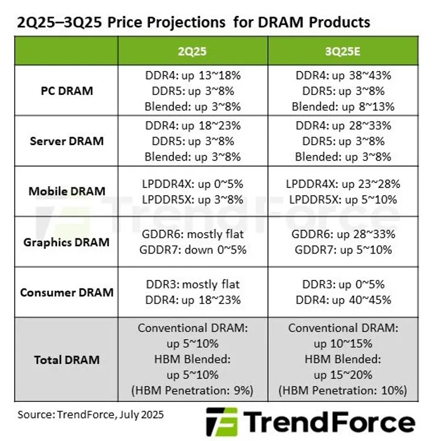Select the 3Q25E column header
(343, 51)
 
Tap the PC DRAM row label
(67, 91)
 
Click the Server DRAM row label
(67, 141)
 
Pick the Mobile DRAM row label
(67, 191)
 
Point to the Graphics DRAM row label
(67, 242)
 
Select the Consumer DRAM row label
(67, 292)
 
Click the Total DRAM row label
(67, 359)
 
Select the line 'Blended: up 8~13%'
(343, 106)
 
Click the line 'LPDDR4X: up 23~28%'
(343, 184)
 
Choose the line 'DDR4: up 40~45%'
(343, 300)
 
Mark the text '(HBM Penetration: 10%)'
(343, 390)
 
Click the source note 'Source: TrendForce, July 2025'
(91, 415)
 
